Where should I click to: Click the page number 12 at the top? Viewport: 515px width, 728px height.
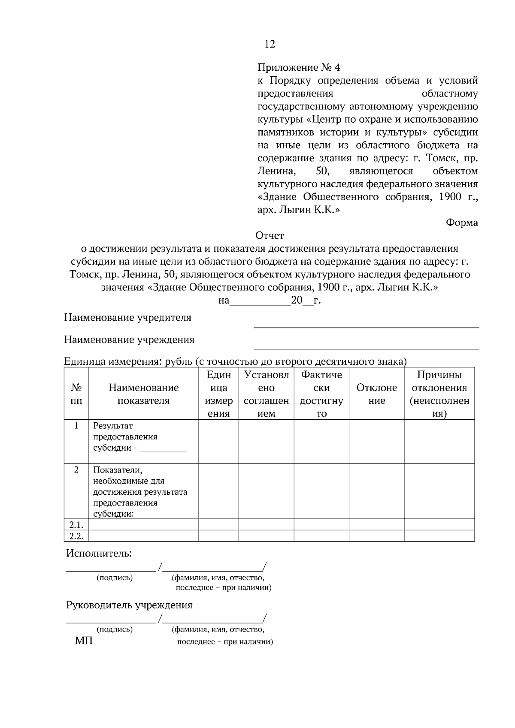pyautogui.click(x=270, y=44)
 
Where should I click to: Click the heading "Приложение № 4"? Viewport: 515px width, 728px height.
pyautogui.click(x=298, y=68)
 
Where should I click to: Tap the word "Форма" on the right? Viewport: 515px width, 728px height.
pyautogui.click(x=462, y=223)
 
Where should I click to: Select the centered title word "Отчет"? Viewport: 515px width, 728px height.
pyautogui.click(x=270, y=236)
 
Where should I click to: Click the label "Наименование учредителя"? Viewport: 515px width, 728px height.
pyautogui.click(x=127, y=318)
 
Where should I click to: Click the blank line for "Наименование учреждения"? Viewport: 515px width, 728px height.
pyautogui.click(x=366, y=349)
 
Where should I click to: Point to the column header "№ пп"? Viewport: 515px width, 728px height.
pyautogui.click(x=76, y=394)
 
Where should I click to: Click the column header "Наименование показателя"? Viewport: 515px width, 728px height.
pyautogui.click(x=143, y=394)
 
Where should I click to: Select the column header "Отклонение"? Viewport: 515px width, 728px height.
pyautogui.click(x=376, y=394)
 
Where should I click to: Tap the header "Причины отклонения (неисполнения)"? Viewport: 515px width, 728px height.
pyautogui.click(x=439, y=394)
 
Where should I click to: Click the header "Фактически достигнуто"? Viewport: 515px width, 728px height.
pyautogui.click(x=321, y=394)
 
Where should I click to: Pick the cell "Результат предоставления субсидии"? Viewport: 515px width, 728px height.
pyautogui.click(x=125, y=437)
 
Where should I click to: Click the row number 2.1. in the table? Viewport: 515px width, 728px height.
pyautogui.click(x=76, y=525)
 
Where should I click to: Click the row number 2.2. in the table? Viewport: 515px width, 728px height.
pyautogui.click(x=76, y=536)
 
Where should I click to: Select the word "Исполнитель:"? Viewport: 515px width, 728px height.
pyautogui.click(x=99, y=554)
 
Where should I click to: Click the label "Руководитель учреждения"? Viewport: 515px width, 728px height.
pyautogui.click(x=129, y=605)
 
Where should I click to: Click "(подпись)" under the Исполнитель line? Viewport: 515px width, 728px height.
pyautogui.click(x=115, y=578)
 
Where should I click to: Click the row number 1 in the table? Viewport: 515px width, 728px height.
pyautogui.click(x=76, y=426)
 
